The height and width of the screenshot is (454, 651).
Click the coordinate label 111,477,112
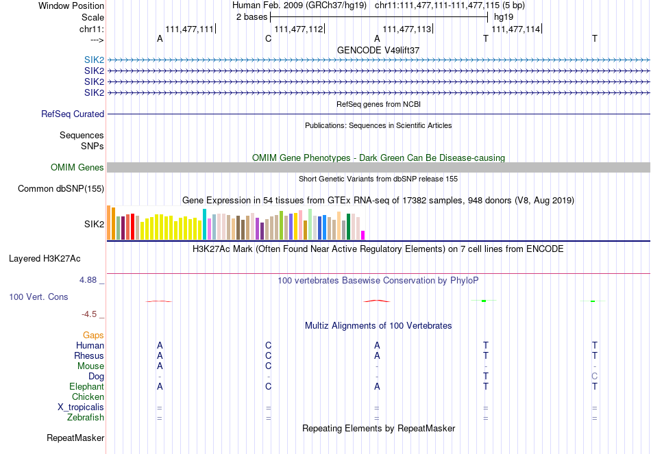298,29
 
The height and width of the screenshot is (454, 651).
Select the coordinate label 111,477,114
516,29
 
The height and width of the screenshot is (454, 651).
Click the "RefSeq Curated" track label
73,114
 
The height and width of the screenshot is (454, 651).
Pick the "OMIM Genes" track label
77,168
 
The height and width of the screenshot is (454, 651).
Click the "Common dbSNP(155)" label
61,189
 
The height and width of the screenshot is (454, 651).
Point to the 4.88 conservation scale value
89,280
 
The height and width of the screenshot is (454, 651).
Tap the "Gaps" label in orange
93,336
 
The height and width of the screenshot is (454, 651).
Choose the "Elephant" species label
86,386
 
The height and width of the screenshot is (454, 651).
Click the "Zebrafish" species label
86,417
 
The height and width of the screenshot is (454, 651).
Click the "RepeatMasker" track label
75,438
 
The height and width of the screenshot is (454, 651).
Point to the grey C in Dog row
594,376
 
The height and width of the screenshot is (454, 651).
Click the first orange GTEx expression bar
108,222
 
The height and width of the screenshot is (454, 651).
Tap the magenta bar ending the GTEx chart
363,235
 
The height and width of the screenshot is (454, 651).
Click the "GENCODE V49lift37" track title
378,51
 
